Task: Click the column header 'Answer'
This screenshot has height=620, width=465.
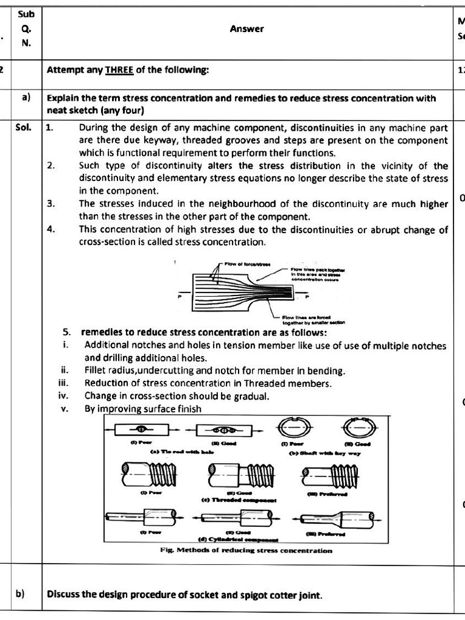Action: (x=246, y=28)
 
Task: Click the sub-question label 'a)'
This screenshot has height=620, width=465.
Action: (x=27, y=98)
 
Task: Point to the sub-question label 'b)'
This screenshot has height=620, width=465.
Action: (x=20, y=594)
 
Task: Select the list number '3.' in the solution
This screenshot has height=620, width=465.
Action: (x=51, y=204)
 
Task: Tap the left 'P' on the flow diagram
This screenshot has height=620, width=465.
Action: (x=180, y=297)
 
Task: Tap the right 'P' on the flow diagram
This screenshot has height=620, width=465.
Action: (x=306, y=297)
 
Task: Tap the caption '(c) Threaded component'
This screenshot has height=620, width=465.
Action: (x=239, y=500)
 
